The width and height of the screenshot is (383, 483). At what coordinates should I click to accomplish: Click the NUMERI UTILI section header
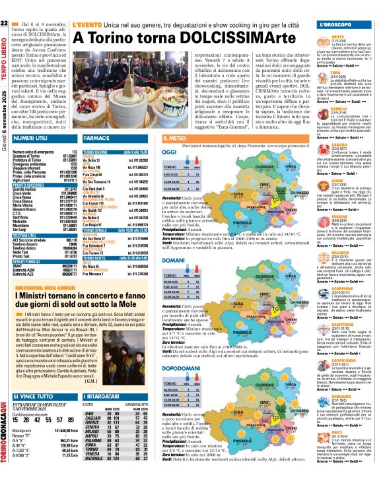pos(29,139)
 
